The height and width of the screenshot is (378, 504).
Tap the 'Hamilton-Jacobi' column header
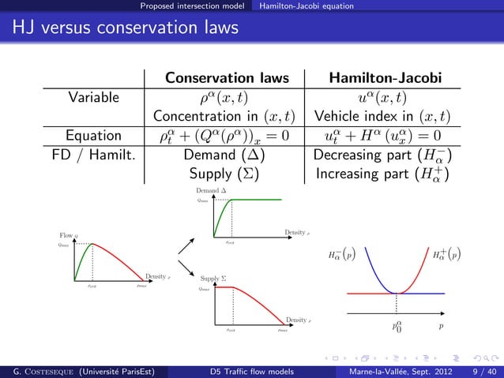385,79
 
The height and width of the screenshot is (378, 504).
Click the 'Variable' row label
93,98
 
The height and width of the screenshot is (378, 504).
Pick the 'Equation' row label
93,135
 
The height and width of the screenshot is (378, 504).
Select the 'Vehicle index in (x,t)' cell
385,117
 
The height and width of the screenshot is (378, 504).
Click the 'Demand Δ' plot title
211,192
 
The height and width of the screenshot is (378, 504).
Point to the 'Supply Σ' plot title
213,279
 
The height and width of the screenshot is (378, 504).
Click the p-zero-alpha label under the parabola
397,324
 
